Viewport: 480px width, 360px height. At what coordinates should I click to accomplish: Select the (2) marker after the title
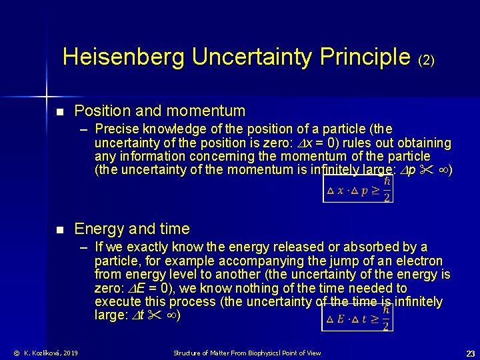pos(426,60)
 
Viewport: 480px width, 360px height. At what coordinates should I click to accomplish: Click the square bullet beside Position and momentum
pos(59,111)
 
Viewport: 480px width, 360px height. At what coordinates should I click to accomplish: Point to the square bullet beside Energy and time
pos(59,229)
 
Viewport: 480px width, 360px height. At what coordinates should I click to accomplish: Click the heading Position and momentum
pos(159,111)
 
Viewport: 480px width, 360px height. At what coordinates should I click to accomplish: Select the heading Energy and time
pos(131,229)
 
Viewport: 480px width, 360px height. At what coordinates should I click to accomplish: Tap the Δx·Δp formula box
pos(357,188)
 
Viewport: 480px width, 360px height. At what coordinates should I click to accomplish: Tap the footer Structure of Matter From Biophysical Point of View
pos(247,353)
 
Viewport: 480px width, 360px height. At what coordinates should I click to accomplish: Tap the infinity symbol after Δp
pos(442,170)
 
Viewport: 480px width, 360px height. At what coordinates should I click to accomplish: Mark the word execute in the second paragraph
pos(118,302)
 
